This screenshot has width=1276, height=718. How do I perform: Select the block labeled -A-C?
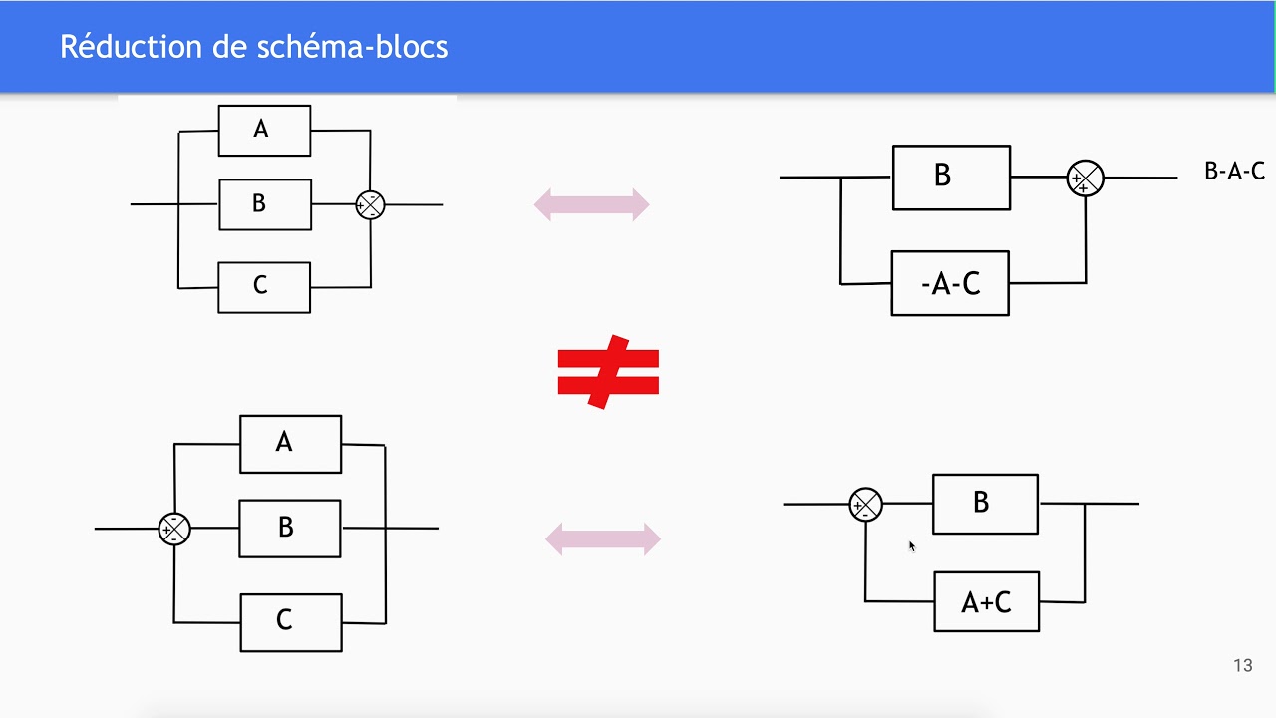[950, 284]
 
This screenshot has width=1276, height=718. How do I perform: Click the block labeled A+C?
[986, 601]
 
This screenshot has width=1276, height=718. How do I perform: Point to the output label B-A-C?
[1234, 172]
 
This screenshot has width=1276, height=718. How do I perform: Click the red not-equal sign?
[608, 372]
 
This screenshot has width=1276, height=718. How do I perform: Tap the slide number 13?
[1242, 666]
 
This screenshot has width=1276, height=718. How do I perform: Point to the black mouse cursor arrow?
[911, 545]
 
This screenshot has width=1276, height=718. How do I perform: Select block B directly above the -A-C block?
[951, 178]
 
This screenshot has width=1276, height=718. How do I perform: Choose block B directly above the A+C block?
[985, 504]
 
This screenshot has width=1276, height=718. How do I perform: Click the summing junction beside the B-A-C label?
[1085, 179]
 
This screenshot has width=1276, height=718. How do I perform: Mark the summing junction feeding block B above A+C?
[865, 505]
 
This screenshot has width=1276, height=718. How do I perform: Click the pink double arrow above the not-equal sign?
[592, 205]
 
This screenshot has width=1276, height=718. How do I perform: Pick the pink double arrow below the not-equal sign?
[603, 539]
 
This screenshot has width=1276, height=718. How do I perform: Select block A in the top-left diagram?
[264, 130]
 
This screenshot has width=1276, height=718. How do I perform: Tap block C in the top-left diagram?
[264, 287]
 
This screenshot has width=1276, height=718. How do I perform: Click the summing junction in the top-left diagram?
[370, 205]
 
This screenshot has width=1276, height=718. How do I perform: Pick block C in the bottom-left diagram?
[291, 622]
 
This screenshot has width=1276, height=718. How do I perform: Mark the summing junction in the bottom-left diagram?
[174, 529]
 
